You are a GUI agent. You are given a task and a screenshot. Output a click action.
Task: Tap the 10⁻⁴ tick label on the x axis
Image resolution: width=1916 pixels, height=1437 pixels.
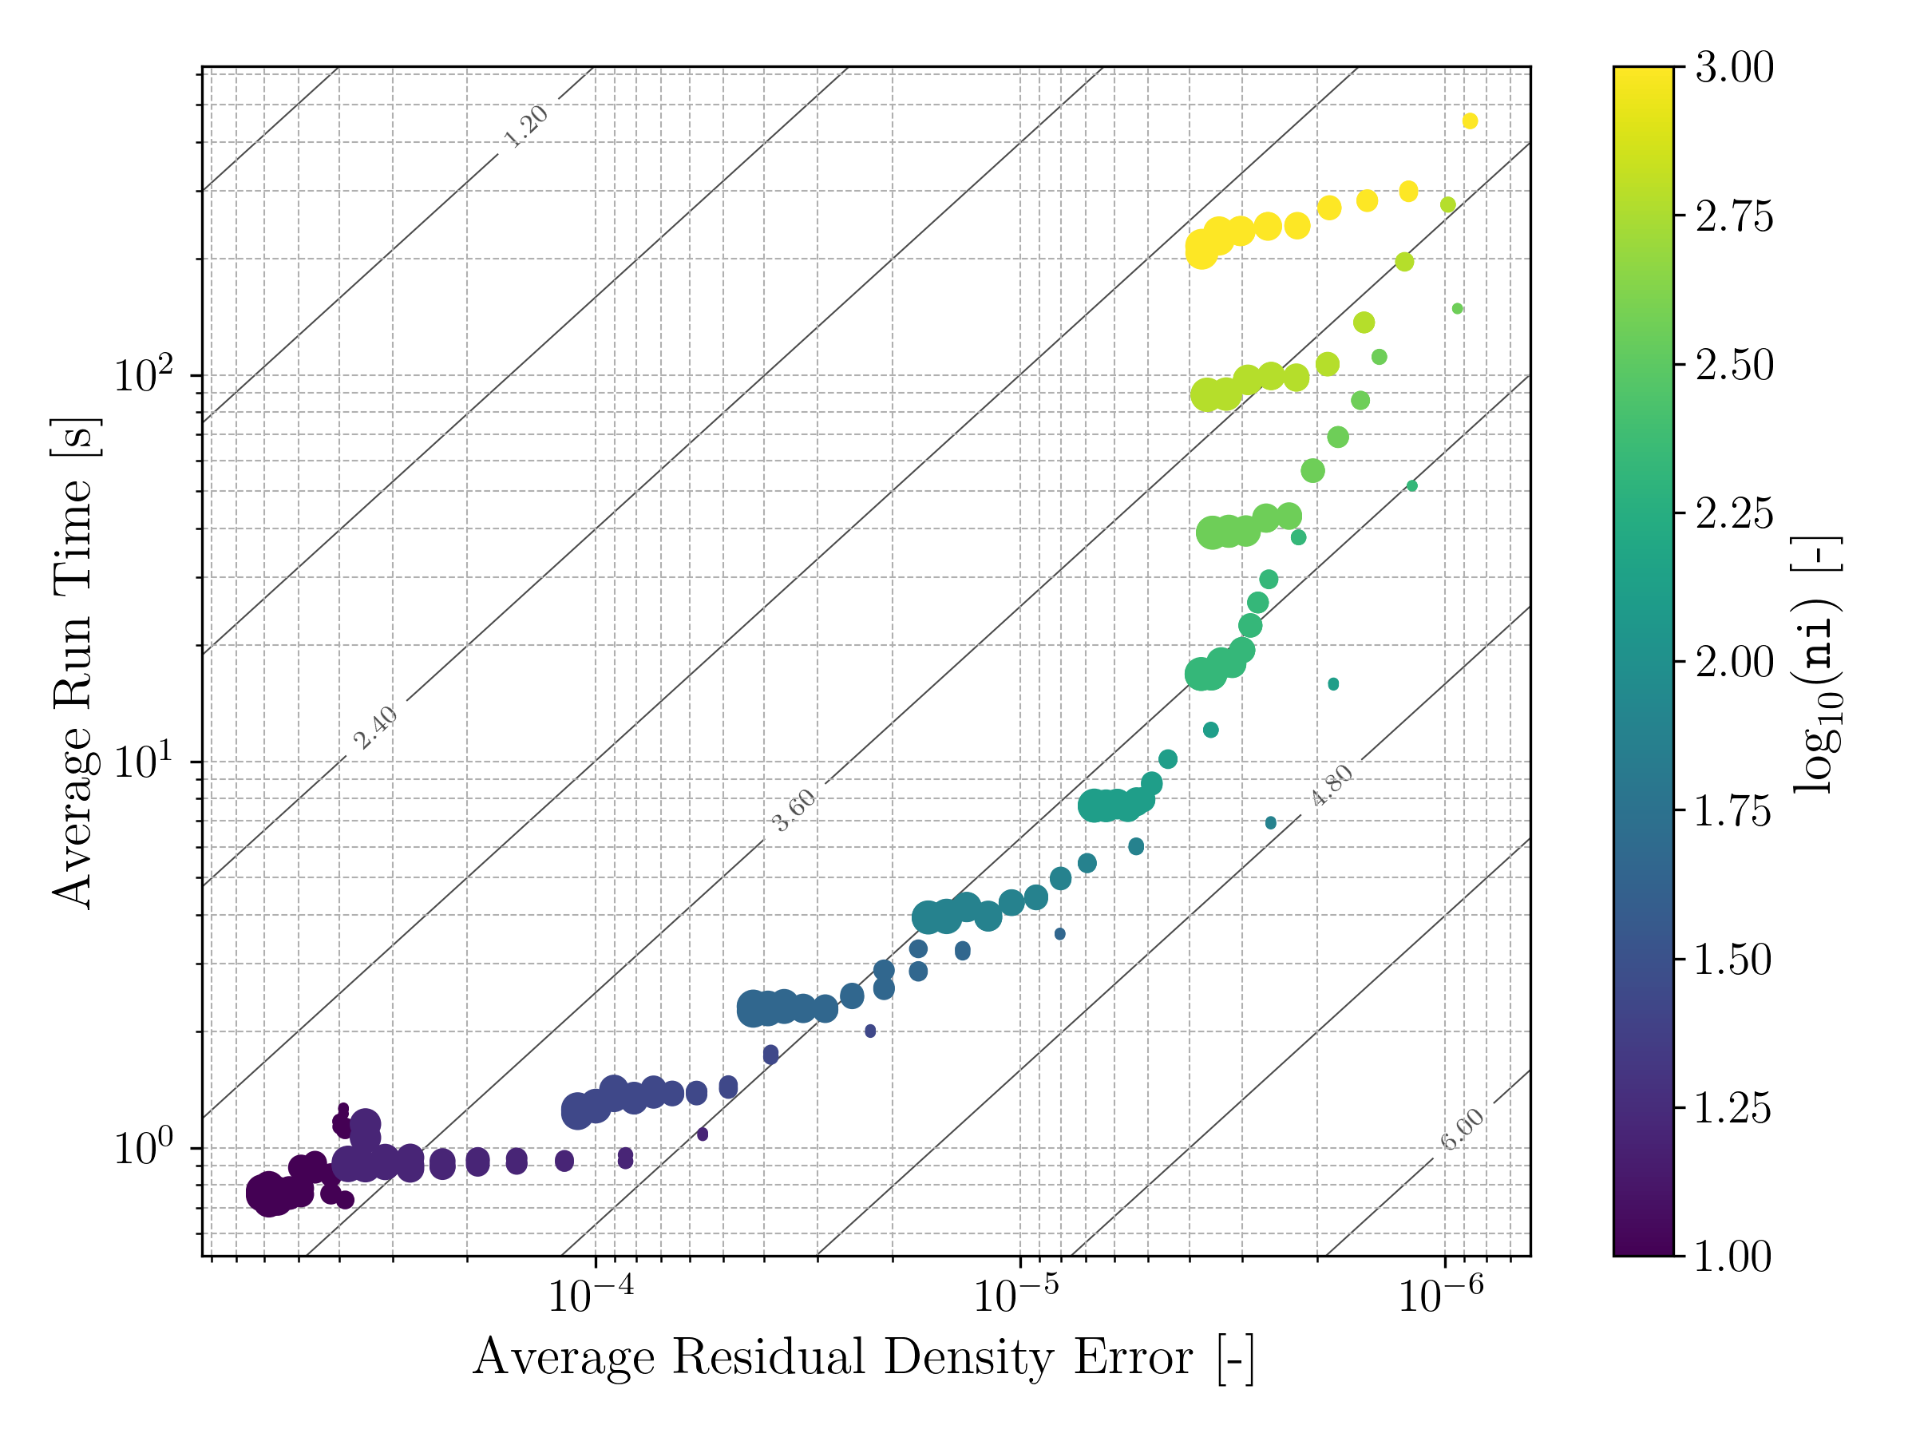[x=591, y=1296]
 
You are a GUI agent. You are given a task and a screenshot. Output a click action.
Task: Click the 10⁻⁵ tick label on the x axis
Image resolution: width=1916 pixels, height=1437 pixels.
[x=1016, y=1296]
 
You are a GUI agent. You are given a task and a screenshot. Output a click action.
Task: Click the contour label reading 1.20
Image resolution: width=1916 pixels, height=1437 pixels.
[x=526, y=126]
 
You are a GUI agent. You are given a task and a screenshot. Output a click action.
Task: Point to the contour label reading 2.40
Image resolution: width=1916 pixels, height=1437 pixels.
[x=375, y=727]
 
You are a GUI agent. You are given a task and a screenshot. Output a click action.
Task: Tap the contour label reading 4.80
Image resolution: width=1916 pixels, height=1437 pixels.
[x=1332, y=786]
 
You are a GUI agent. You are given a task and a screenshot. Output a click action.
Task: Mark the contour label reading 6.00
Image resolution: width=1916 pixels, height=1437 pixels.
[x=1462, y=1129]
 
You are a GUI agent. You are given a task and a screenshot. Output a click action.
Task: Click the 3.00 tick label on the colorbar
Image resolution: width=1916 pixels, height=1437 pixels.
[x=1734, y=68]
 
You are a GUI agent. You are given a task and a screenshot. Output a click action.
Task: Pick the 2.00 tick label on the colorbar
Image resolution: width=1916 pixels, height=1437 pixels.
[x=1734, y=663]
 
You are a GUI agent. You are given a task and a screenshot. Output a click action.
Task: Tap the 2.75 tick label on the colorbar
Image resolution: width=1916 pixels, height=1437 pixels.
[x=1734, y=216]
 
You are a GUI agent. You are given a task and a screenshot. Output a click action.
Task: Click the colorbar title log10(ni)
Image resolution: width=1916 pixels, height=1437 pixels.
[x=1817, y=667]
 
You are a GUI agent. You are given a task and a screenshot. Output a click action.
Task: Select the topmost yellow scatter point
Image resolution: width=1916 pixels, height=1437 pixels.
[x=1470, y=121]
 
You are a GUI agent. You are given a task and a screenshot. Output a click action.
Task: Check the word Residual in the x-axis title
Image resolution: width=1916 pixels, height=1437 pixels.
[x=769, y=1357]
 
